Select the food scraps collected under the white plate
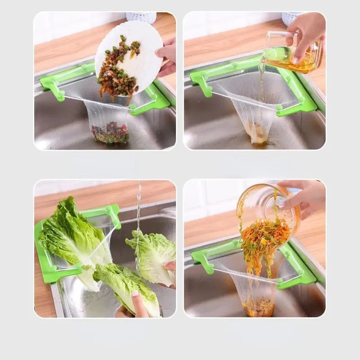tap(110, 133)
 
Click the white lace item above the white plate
tap(141, 17)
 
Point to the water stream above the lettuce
tap(139, 207)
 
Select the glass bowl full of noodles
tap(268, 211)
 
